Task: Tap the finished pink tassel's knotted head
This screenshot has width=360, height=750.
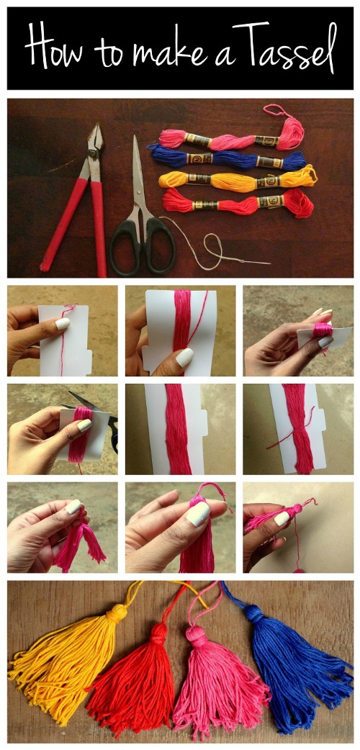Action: click(195, 636)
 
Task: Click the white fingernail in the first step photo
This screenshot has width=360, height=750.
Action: click(63, 325)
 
